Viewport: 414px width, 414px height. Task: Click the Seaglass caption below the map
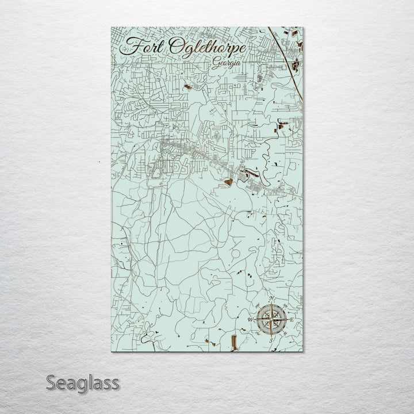click(83, 382)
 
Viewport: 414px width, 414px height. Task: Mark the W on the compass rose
click(250, 319)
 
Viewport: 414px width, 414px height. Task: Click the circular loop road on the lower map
click(236, 254)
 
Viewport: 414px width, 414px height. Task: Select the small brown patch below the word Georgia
click(187, 87)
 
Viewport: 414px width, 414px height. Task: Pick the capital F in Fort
click(131, 45)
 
